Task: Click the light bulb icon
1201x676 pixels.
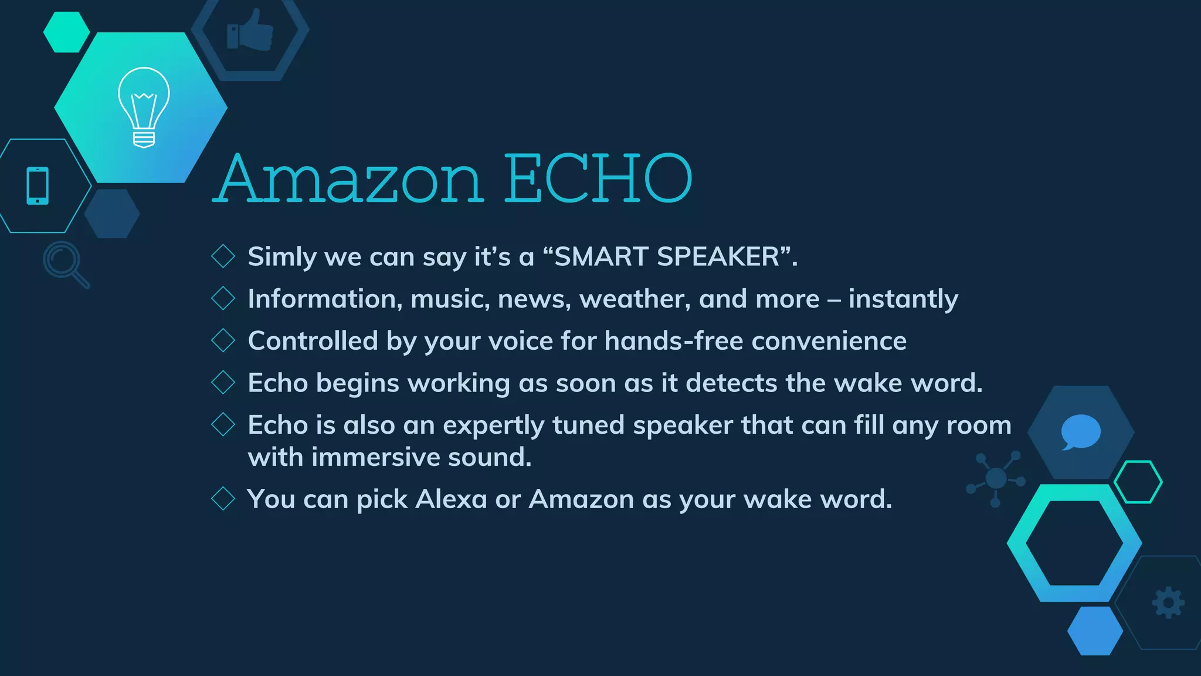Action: [x=144, y=107]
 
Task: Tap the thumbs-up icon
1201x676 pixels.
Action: [x=250, y=31]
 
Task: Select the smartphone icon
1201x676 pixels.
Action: [x=38, y=186]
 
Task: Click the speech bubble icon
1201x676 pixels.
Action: [x=1080, y=432]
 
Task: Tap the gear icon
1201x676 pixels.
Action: [x=1168, y=602]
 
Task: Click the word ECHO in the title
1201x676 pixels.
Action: [x=598, y=178]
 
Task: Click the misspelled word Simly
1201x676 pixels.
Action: [x=282, y=257]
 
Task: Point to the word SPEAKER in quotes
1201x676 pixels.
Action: [x=718, y=256]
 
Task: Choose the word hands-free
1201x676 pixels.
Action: [x=674, y=341]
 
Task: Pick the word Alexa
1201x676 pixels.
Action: [x=451, y=499]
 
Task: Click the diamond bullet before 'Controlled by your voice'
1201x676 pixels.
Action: [x=223, y=340]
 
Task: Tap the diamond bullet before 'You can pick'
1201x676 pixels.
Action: [x=223, y=499]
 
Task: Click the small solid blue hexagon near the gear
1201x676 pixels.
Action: [x=1095, y=631]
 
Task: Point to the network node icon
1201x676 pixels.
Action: [x=996, y=479]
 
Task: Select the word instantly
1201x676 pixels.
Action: [x=903, y=299]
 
